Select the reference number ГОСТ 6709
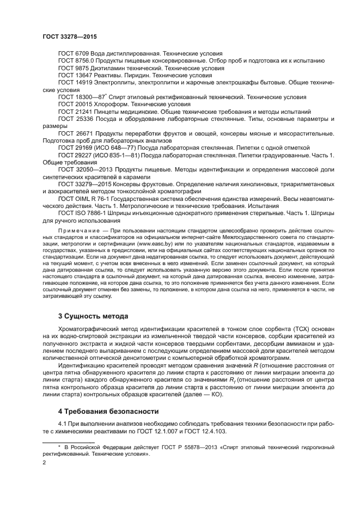[x=74, y=54]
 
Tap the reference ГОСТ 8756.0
[x=77, y=62]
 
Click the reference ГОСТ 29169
[x=76, y=148]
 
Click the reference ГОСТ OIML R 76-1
[x=85, y=199]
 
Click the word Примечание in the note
[x=77, y=231]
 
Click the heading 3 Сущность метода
[x=93, y=316]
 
